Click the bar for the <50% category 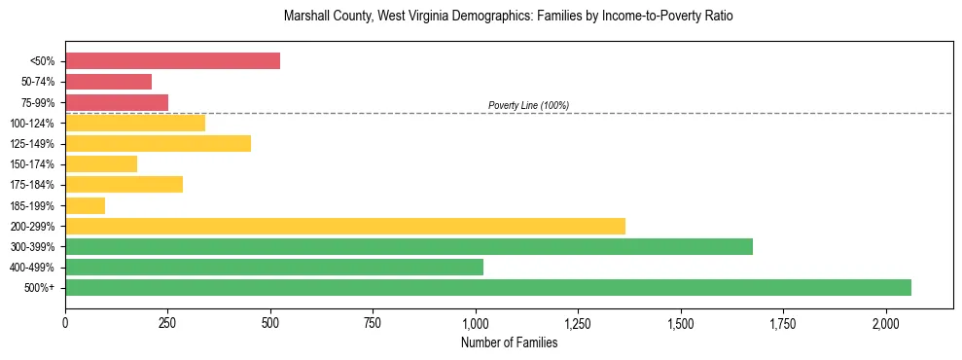(x=172, y=61)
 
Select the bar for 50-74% (x=108, y=82)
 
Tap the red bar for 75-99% (x=117, y=102)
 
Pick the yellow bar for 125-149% (x=158, y=143)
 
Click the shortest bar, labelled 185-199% (x=85, y=205)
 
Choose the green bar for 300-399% (x=409, y=246)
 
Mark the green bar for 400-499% (x=274, y=267)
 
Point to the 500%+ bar (x=488, y=287)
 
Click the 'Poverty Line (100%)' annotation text (x=528, y=105)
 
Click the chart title (x=509, y=17)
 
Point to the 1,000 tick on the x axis (x=476, y=322)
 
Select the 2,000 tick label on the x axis (x=886, y=322)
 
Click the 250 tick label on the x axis (x=167, y=322)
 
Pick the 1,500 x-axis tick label (x=681, y=322)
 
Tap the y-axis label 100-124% (x=32, y=124)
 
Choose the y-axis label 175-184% (x=32, y=185)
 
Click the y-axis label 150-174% (x=32, y=164)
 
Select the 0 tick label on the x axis (x=65, y=322)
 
